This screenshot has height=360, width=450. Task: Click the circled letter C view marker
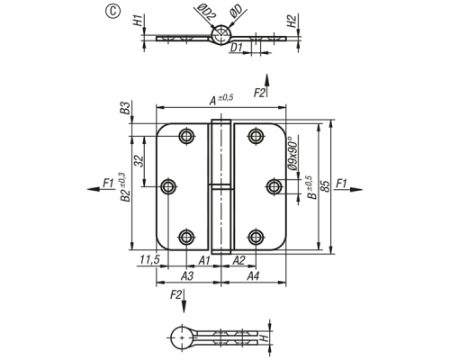(x=112, y=11)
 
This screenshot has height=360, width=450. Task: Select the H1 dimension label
(x=139, y=21)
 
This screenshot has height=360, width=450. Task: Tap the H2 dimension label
(x=292, y=22)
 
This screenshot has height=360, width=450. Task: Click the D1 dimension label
(x=237, y=48)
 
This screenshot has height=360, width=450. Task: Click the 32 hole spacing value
(x=139, y=161)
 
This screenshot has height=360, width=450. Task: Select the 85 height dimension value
(x=325, y=186)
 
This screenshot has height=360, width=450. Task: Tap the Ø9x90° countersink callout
(x=292, y=153)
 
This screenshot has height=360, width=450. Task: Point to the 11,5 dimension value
(x=149, y=260)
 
